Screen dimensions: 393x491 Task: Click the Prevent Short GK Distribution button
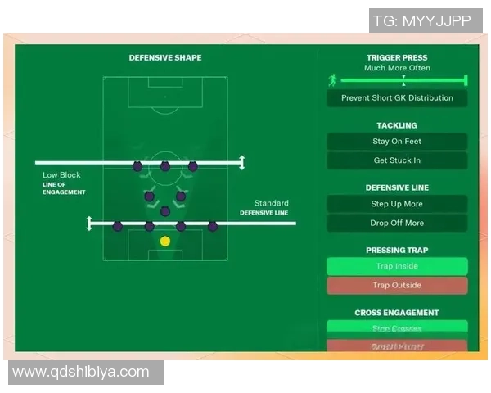coord(397,98)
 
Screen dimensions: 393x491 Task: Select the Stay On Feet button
coord(397,142)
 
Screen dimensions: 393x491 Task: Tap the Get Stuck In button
coord(397,160)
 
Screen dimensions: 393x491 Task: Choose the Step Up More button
coord(397,204)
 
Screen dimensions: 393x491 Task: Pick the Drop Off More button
coord(397,223)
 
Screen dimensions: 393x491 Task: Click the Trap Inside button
coord(397,266)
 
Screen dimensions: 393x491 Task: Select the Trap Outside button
coord(397,285)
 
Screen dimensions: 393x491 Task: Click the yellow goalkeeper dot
coord(165,241)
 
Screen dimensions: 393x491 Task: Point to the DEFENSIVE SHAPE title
coord(165,58)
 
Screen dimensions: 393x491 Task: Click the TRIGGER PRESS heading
coord(397,58)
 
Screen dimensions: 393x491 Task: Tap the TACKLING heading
coord(397,125)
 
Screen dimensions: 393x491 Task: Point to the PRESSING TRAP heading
coord(397,251)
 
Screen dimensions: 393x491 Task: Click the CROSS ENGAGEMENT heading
coord(397,313)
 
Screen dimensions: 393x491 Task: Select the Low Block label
coord(62,175)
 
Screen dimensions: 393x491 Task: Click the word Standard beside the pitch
coord(271,203)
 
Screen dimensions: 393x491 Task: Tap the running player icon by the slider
coord(332,80)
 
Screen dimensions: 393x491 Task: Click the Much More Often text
coord(397,68)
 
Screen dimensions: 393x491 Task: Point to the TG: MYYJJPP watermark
coord(422,21)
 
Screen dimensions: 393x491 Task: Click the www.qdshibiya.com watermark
coord(81,372)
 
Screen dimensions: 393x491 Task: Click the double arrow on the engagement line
coord(241,163)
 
